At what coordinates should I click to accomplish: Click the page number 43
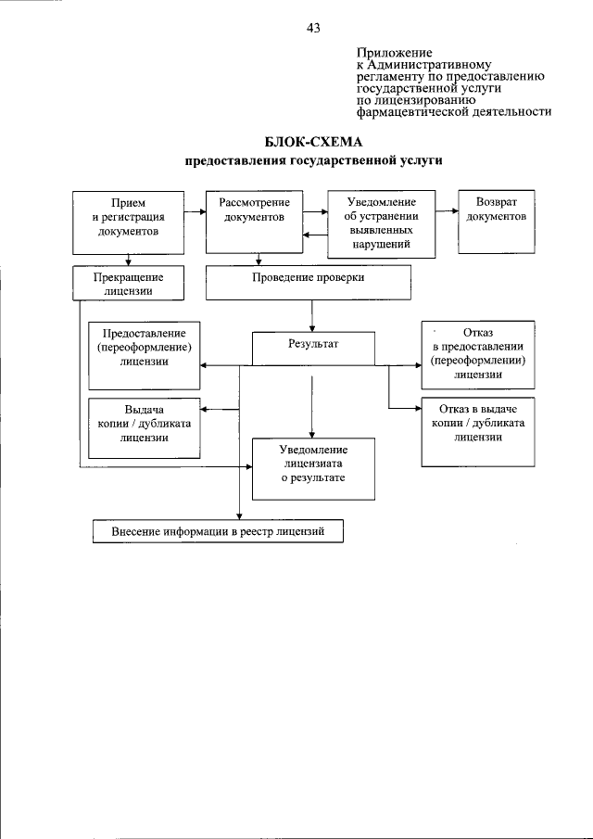[x=312, y=29]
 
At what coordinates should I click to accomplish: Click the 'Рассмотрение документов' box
[x=254, y=222]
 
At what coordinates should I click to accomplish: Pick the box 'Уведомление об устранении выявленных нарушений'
[x=382, y=223]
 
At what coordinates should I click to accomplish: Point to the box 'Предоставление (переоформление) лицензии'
[x=144, y=354]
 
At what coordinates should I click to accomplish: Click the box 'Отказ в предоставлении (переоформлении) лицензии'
[x=478, y=354]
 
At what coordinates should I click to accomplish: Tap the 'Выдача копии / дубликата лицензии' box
[x=144, y=425]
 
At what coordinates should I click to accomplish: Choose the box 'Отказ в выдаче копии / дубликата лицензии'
[x=478, y=432]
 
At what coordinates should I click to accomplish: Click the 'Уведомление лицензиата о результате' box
[x=313, y=464]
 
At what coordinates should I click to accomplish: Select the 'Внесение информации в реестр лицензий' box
[x=219, y=531]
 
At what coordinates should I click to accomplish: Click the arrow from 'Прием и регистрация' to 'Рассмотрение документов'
[x=194, y=212]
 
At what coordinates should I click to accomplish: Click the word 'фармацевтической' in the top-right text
[x=409, y=111]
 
